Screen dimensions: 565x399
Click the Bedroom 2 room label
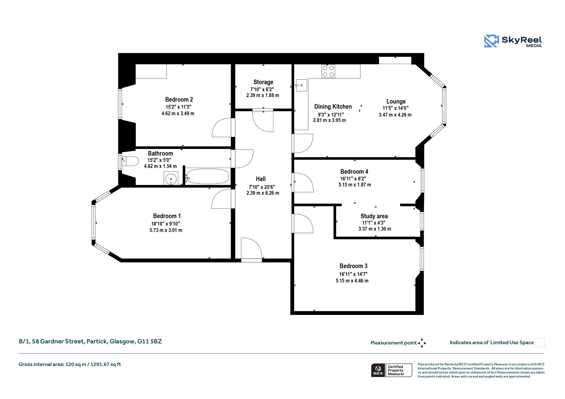click(179, 100)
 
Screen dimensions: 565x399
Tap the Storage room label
click(263, 82)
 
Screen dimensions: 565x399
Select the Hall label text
click(261, 179)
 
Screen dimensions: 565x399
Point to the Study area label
click(374, 216)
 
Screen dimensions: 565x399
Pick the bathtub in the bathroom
click(208, 176)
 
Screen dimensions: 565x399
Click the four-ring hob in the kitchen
click(328, 71)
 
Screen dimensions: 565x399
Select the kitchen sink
click(301, 85)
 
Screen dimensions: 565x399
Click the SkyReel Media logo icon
click(492, 41)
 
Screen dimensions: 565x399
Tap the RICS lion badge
click(378, 370)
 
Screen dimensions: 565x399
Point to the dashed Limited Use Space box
click(540, 342)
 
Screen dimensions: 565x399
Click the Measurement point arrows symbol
click(422, 343)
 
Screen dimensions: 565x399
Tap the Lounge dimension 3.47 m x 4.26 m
click(395, 115)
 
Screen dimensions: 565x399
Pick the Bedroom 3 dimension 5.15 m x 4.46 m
click(352, 281)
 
